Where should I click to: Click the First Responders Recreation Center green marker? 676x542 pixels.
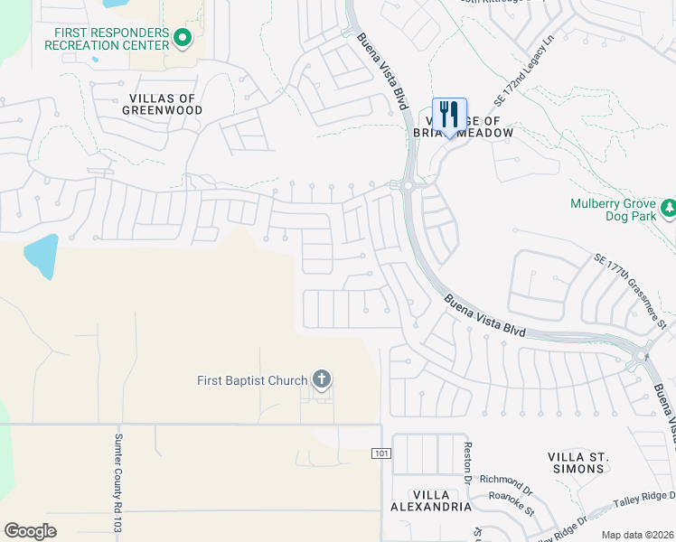coord(183,38)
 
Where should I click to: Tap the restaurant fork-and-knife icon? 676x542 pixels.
coord(449,116)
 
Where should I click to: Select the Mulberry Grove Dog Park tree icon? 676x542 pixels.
coord(669,209)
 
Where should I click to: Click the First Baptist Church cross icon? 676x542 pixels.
coord(322,379)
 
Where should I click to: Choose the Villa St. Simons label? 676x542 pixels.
coord(578,463)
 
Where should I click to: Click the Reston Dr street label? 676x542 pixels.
coord(468,461)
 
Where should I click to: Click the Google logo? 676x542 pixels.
coord(30,531)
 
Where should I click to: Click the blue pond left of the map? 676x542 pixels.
coord(42,257)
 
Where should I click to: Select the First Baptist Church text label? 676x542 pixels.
coord(252,380)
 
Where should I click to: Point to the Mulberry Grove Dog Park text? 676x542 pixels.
coord(612,210)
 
